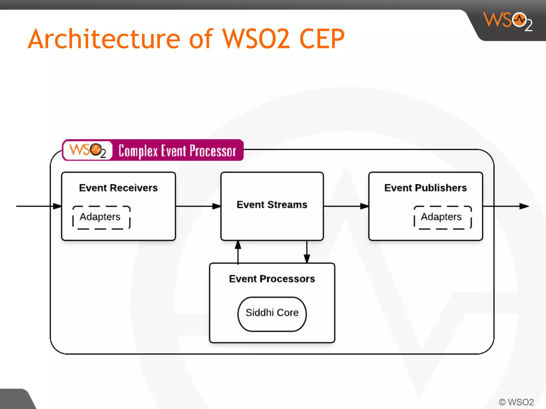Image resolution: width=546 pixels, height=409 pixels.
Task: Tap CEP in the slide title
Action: [322, 39]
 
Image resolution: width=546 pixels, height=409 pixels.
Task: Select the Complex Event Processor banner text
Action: [177, 151]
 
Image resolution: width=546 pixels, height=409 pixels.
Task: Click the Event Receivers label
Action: [118, 188]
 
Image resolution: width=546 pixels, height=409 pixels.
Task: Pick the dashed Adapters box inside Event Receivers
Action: [101, 217]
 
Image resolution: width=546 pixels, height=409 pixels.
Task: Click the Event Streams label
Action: [272, 204]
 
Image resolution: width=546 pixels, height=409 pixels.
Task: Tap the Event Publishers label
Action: [425, 188]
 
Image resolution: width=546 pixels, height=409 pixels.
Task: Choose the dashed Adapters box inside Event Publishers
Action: [443, 217]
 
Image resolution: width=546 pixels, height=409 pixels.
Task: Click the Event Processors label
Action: [272, 279]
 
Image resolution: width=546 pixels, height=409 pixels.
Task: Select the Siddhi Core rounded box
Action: [272, 314]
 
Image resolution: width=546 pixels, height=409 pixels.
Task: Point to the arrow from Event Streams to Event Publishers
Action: [346, 206]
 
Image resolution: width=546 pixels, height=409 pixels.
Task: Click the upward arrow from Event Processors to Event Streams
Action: [238, 252]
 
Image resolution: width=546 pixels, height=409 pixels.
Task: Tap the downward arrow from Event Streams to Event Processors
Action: [307, 252]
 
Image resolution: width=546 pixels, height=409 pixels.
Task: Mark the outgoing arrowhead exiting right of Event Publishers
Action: [524, 206]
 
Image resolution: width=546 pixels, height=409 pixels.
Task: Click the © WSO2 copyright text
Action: [516, 402]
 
